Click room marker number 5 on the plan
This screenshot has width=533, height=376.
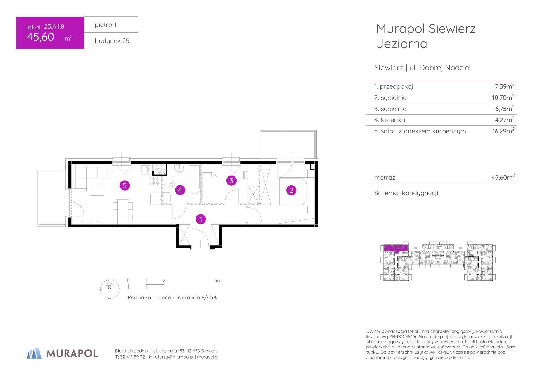click(125, 186)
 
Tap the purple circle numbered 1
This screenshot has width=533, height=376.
click(201, 219)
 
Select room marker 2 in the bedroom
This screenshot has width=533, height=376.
click(291, 190)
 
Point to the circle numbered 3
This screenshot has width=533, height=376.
click(231, 181)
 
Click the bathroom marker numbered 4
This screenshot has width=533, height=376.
click(180, 190)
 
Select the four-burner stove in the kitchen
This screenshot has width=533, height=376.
click(155, 181)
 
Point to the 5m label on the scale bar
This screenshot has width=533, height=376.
click(218, 281)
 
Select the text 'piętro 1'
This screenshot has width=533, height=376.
click(105, 25)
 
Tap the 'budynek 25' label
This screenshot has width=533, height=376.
click(112, 41)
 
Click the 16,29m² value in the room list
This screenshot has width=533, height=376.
click(503, 131)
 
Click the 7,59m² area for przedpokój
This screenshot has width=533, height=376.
click(505, 86)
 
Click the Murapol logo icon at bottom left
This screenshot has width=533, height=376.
click(34, 353)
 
